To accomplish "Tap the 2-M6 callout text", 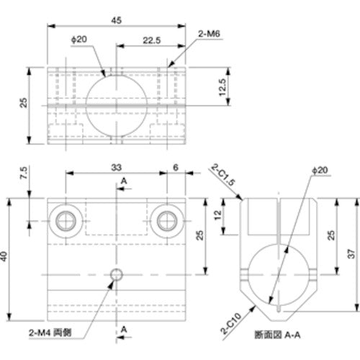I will [208, 32].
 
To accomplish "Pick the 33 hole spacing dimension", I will [116, 167].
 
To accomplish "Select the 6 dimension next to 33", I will [175, 167].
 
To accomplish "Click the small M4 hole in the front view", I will [116, 274].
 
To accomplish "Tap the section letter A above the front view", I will [125, 179].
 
